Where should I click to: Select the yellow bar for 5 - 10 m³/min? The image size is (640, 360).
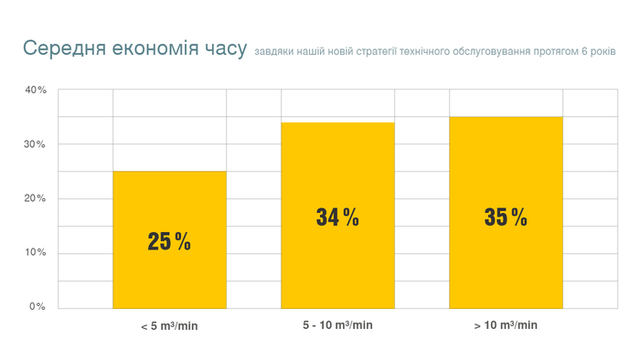(337, 265)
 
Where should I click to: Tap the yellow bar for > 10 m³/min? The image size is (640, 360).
(506, 265)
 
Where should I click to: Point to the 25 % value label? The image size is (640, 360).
(169, 241)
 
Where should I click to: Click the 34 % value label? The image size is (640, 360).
(337, 217)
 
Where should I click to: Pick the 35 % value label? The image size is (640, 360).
(506, 217)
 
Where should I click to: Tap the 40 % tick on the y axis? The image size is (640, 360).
(36, 90)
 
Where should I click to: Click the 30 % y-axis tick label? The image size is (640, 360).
(36, 144)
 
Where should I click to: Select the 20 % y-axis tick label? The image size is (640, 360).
(36, 198)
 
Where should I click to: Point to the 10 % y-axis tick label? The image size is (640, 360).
(36, 252)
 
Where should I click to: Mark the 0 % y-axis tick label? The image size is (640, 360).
(37, 306)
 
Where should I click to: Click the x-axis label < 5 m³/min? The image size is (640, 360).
(169, 326)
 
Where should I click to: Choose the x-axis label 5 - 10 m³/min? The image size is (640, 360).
(337, 325)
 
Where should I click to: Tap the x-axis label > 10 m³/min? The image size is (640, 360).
(506, 325)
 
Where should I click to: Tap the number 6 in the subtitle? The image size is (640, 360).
(584, 52)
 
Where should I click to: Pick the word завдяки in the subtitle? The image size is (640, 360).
(272, 52)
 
